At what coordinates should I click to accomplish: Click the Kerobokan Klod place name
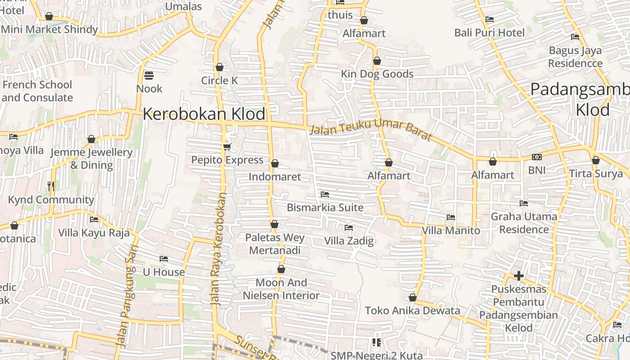coord(204,114)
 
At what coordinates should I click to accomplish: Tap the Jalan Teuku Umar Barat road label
coord(371,130)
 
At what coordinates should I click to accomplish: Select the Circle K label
coord(219,81)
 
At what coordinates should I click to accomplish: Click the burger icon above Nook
coord(149,75)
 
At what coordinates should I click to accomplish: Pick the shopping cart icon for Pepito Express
coord(227,147)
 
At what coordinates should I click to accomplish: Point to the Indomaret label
coord(274,176)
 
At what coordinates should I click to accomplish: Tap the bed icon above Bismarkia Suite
coord(325,194)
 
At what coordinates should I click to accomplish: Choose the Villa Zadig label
coord(349,241)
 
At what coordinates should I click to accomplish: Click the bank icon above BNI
coord(536,157)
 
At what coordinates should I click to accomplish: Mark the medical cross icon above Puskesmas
coord(519,276)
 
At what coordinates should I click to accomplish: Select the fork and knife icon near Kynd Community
coord(51,186)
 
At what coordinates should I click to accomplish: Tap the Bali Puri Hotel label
coord(489,33)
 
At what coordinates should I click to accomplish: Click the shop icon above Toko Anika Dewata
coord(413,298)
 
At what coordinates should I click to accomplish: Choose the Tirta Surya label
coord(596,174)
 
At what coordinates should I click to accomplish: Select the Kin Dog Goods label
coord(377,74)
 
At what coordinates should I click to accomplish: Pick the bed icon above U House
coord(164,259)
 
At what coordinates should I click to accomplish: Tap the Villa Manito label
coord(451,230)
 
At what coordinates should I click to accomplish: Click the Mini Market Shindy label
coord(49,30)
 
